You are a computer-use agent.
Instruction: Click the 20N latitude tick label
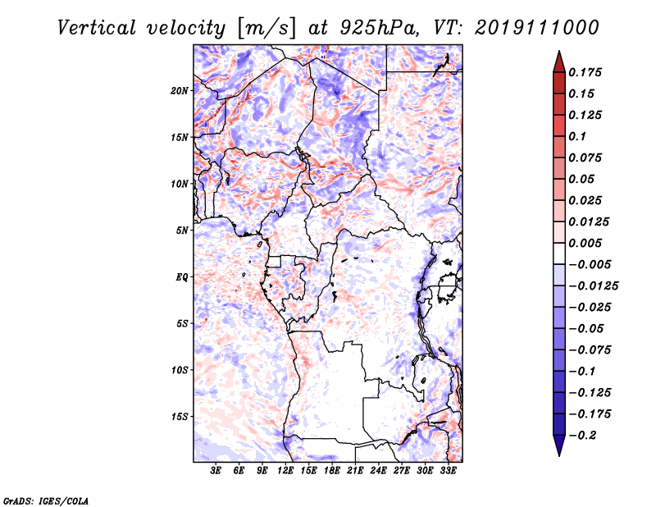(180, 91)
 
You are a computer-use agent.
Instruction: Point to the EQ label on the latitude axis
(181, 277)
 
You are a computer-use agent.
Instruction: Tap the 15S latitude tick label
(180, 417)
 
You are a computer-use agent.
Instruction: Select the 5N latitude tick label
(182, 231)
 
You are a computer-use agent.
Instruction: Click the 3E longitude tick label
(216, 471)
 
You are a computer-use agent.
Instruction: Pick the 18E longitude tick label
(331, 471)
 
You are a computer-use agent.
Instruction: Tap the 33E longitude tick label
(448, 471)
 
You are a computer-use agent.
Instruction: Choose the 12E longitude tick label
(285, 471)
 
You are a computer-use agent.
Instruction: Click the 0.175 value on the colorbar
(585, 72)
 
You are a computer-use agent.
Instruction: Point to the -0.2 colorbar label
(582, 436)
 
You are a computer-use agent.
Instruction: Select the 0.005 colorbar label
(585, 243)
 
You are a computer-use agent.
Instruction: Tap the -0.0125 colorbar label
(593, 286)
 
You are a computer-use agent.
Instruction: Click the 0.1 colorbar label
(577, 136)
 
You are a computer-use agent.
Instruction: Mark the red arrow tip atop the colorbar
(559, 52)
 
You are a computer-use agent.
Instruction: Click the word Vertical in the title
(97, 28)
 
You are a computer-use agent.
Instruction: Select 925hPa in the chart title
(380, 28)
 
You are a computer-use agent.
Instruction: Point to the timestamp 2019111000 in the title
(537, 28)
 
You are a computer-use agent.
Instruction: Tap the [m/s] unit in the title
(266, 29)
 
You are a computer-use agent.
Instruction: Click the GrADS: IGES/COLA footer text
(46, 500)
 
